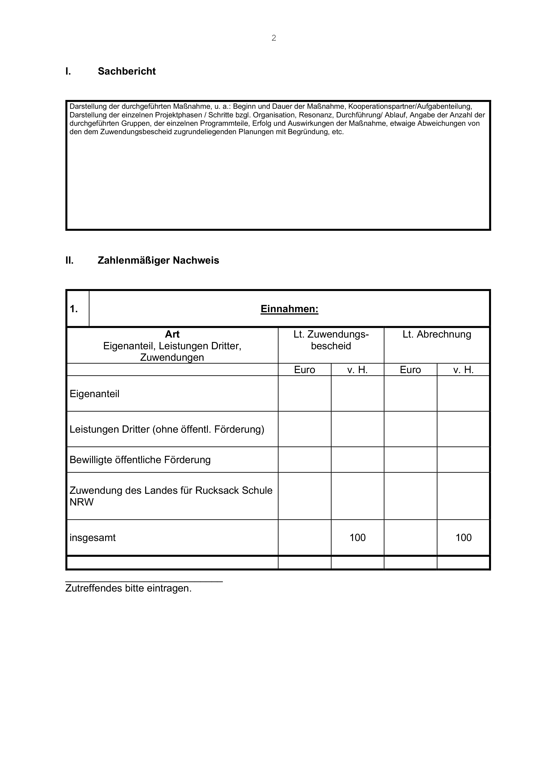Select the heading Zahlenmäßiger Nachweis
click(158, 260)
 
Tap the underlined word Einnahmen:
click(289, 309)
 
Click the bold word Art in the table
click(172, 334)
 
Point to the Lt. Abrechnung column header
click(437, 334)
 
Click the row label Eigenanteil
click(95, 394)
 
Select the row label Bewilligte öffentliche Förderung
click(140, 460)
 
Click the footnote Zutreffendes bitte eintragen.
click(128, 588)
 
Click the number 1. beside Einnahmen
click(74, 309)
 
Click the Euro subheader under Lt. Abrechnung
click(410, 370)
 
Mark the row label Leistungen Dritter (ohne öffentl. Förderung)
click(167, 430)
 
